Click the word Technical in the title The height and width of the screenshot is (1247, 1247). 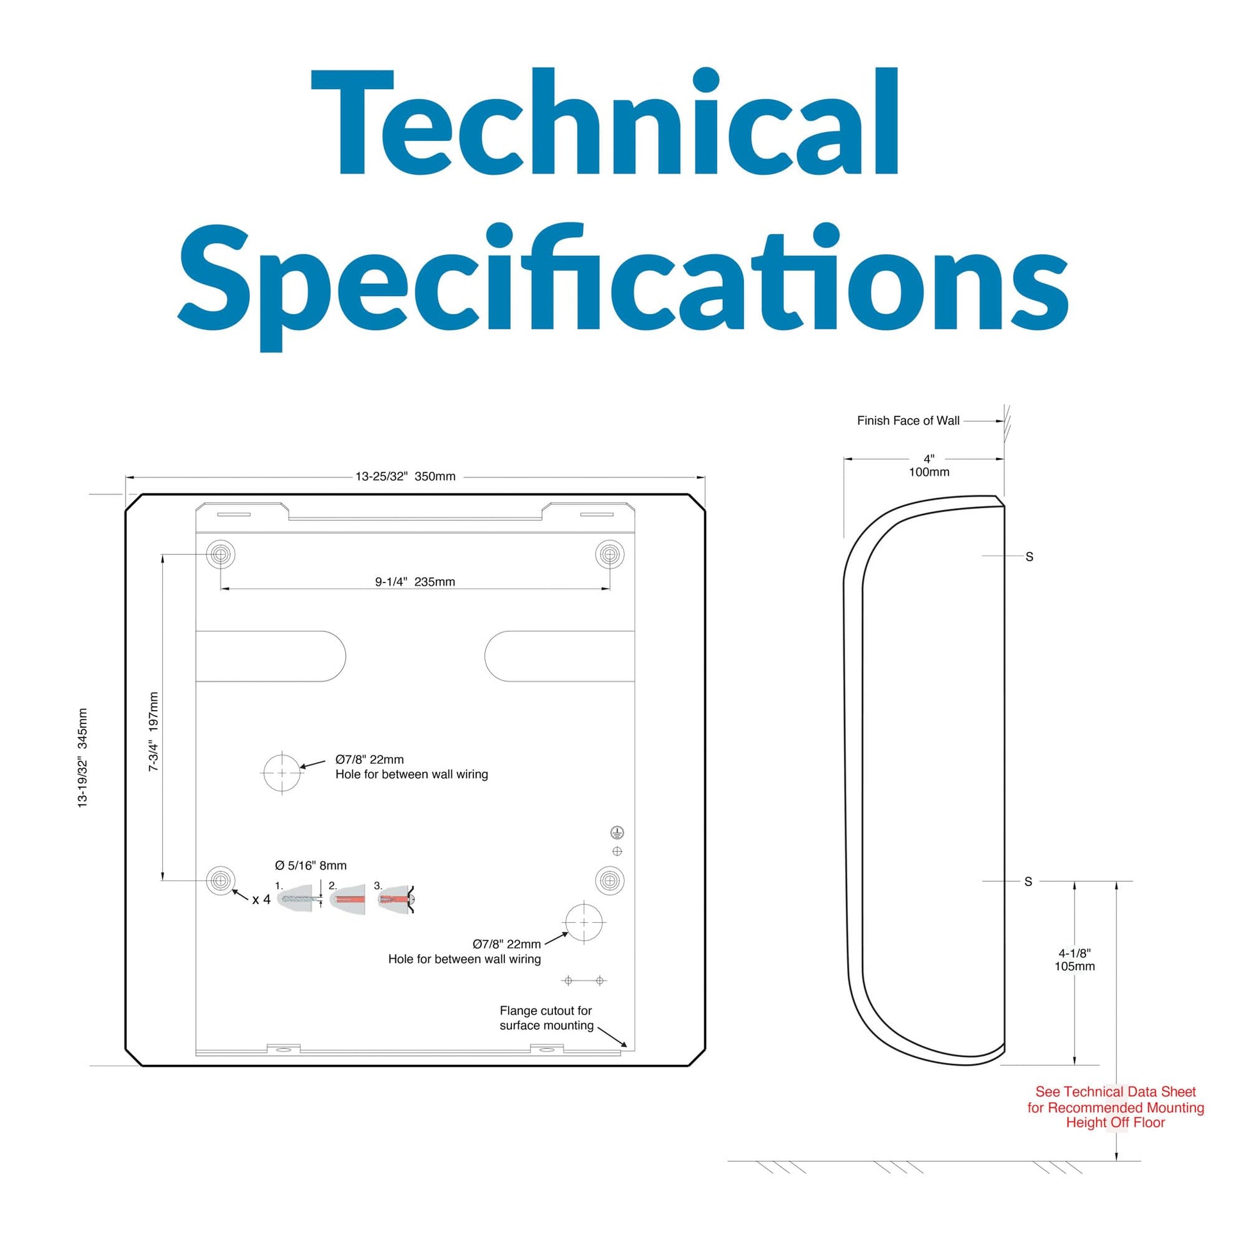coord(604,122)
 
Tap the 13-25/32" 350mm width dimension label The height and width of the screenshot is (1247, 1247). coord(406,476)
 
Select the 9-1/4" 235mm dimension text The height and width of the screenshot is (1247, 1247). coord(415,582)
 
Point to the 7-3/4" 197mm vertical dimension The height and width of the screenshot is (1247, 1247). coord(154,731)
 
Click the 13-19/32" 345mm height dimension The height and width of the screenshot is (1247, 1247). coord(83,758)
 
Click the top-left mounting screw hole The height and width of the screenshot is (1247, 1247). coord(220,554)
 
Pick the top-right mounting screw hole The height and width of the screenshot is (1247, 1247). coord(609,554)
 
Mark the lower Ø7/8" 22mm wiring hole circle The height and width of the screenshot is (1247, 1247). coord(584,922)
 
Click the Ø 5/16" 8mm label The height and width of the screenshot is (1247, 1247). coord(310,866)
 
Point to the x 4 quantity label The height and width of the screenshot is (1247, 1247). coord(261,899)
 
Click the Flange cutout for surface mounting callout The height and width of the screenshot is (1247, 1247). coord(546,1018)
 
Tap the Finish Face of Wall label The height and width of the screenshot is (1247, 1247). coord(908,421)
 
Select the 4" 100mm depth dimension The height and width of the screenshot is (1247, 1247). coord(929,465)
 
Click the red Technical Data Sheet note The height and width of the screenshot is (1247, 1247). coord(1116,1107)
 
